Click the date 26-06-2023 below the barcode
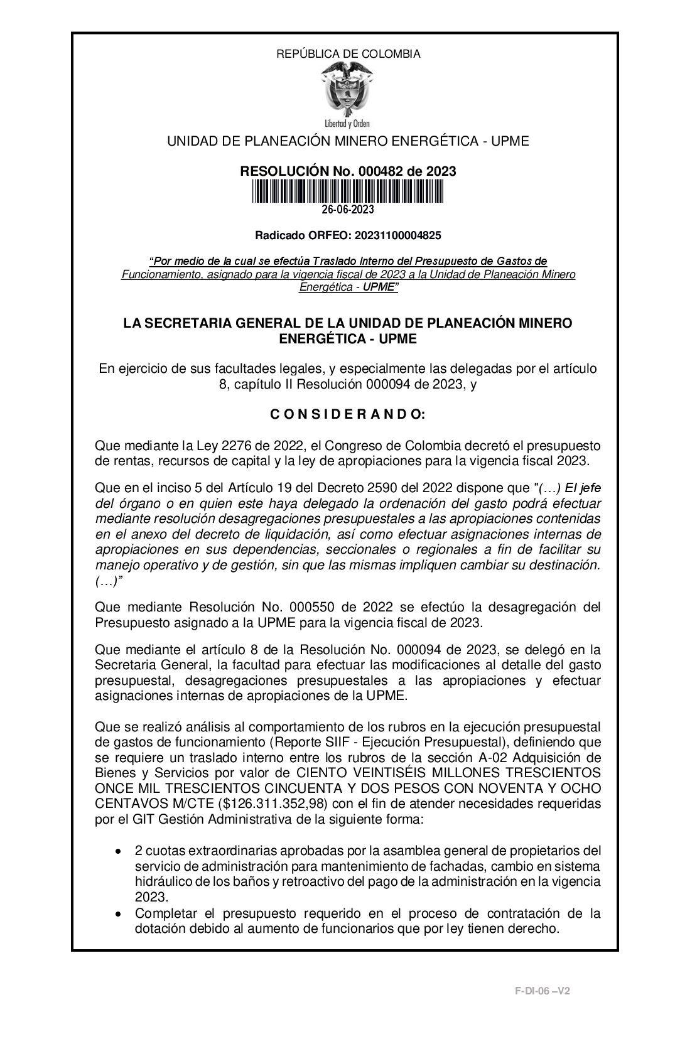(348, 210)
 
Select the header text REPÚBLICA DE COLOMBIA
(348, 54)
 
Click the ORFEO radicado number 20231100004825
(397, 236)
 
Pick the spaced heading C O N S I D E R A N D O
(348, 414)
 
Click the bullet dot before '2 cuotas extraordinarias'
(119, 851)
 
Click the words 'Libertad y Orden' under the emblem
(347, 122)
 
